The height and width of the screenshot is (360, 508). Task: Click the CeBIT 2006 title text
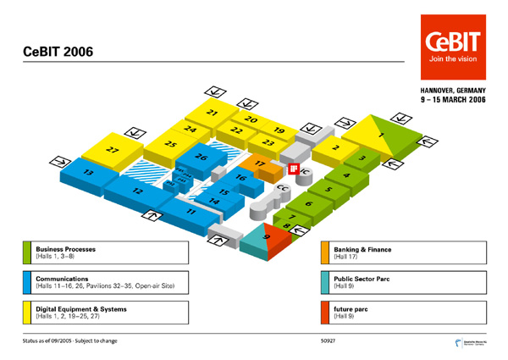[58, 53]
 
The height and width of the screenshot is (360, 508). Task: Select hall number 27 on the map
[113, 149]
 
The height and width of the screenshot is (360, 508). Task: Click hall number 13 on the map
[87, 173]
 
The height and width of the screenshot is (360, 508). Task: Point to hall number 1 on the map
[381, 136]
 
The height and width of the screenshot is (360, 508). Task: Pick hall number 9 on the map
[267, 239]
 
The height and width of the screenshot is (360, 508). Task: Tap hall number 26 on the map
[201, 158]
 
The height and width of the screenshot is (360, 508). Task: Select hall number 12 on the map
[138, 192]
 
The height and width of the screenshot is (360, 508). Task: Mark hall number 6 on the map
[308, 203]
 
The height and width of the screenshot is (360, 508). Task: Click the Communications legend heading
[62, 278]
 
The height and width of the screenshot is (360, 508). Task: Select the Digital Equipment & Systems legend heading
[81, 308]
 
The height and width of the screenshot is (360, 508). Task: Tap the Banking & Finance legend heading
[362, 250]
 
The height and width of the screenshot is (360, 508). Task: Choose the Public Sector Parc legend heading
[362, 278]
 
